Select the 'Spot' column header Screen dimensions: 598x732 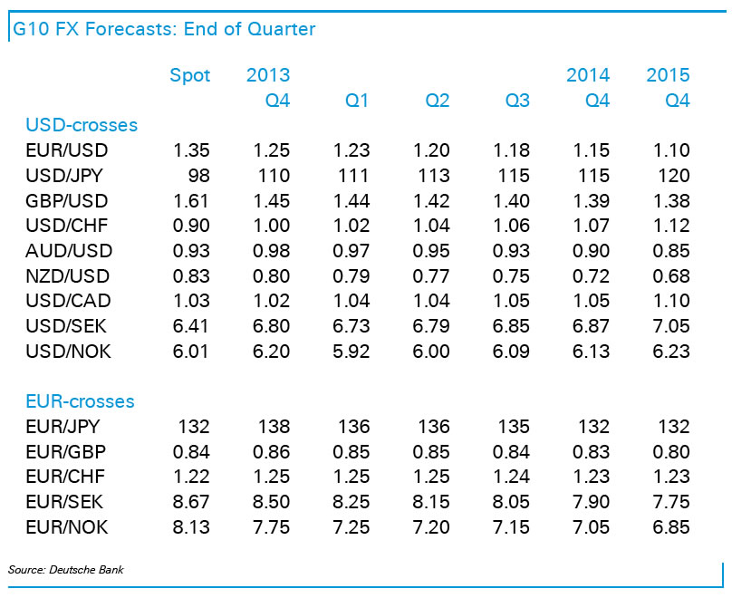[x=190, y=75]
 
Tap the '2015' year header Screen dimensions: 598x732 [x=668, y=75]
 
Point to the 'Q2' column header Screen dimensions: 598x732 [x=437, y=101]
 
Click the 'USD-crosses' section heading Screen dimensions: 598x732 [x=82, y=125]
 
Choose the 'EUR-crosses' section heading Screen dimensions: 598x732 [x=80, y=401]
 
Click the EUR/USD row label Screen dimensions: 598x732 [x=68, y=150]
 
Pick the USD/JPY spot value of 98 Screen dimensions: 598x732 [x=197, y=176]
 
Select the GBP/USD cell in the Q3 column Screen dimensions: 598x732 [x=512, y=201]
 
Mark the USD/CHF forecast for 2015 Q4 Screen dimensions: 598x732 [x=671, y=227]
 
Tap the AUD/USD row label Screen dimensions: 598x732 [x=69, y=251]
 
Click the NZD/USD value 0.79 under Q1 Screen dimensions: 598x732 [x=352, y=276]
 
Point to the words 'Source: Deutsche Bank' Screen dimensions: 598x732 [x=65, y=570]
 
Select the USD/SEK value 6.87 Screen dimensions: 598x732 [x=592, y=327]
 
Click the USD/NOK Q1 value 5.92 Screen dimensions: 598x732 [x=352, y=352]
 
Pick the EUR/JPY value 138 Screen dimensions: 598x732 [x=274, y=427]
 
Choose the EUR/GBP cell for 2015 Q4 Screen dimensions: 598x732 [x=671, y=452]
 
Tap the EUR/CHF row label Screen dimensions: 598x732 [x=68, y=477]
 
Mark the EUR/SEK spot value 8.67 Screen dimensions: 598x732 [x=191, y=502]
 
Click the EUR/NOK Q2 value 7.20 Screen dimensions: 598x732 [x=431, y=527]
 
